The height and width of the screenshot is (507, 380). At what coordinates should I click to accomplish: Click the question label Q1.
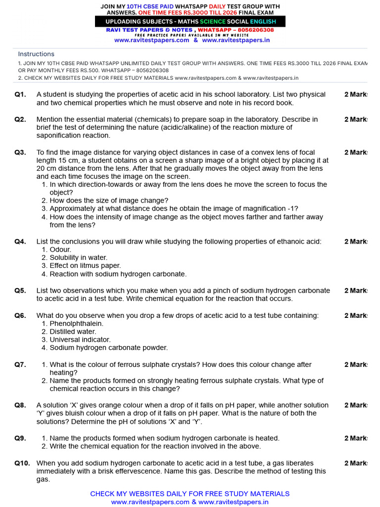click(x=20, y=95)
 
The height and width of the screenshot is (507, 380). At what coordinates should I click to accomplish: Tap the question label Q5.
click(x=20, y=291)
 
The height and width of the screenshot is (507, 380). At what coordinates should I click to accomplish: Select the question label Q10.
click(x=22, y=463)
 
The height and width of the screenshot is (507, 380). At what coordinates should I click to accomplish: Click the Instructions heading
click(x=36, y=54)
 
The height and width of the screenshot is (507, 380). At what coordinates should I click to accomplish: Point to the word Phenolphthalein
click(x=77, y=324)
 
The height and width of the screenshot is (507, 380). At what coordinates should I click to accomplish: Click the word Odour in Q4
click(x=60, y=250)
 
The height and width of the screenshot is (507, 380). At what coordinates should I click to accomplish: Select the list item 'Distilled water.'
click(x=73, y=332)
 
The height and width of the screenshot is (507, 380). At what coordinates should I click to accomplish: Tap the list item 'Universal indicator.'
click(x=76, y=340)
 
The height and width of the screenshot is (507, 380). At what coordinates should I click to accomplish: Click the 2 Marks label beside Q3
click(x=356, y=152)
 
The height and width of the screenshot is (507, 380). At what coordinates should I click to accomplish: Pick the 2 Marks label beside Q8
click(x=356, y=405)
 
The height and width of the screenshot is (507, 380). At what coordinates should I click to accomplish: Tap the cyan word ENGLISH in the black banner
click(x=263, y=22)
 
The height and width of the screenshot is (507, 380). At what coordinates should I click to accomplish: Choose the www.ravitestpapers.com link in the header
click(x=151, y=40)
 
